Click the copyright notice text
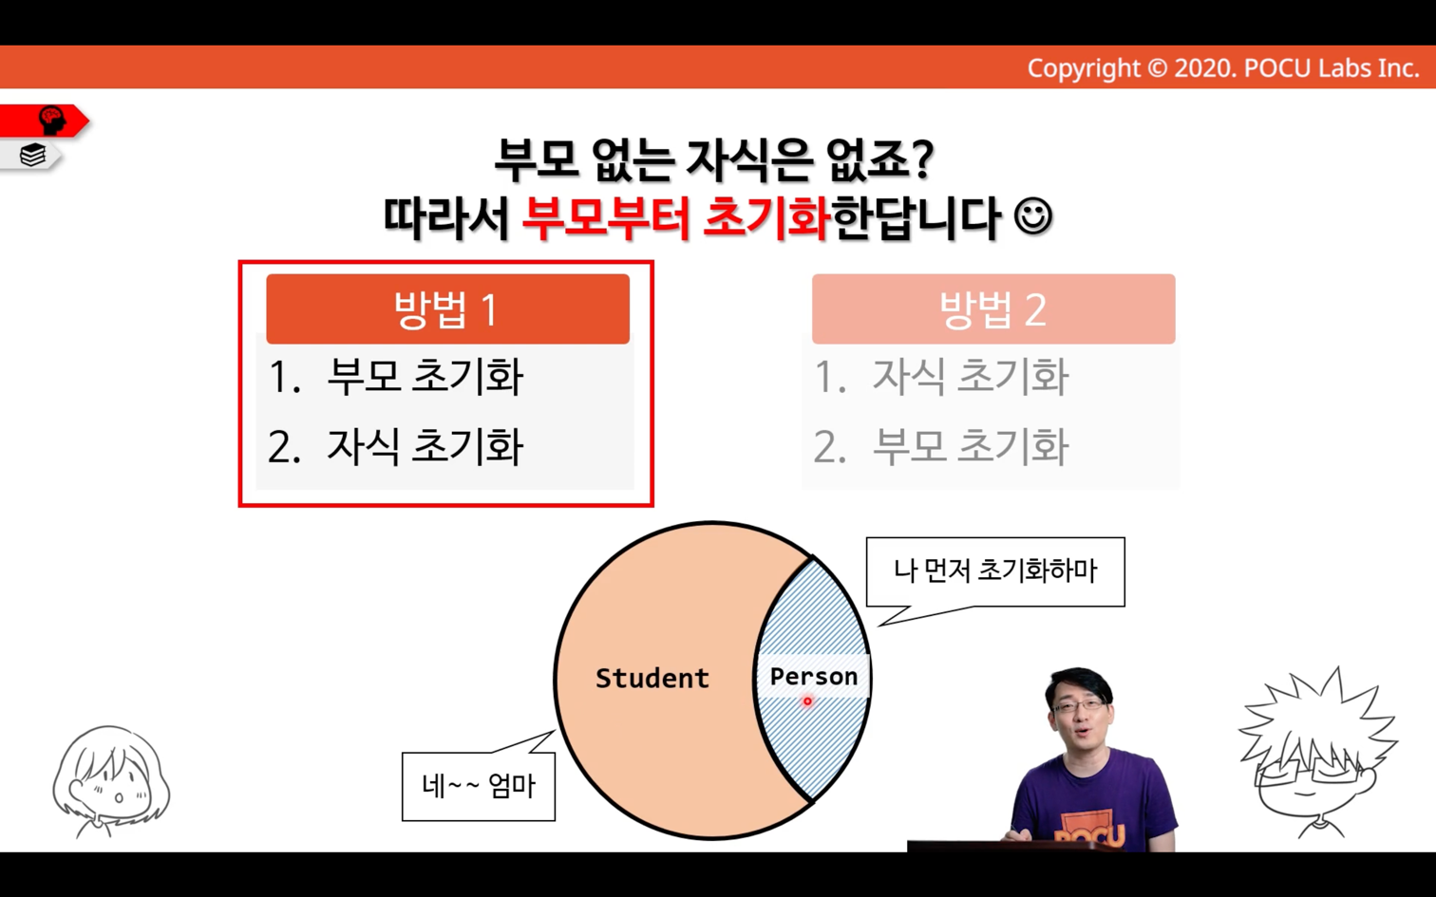(x=1223, y=68)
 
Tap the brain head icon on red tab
(x=52, y=121)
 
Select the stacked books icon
(x=32, y=155)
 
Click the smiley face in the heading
(x=1032, y=216)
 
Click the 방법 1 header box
(x=447, y=308)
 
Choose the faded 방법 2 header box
(x=993, y=308)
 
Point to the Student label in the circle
(x=652, y=678)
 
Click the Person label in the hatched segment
(x=814, y=677)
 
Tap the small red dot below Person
(x=807, y=701)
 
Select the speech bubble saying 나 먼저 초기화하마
(x=995, y=572)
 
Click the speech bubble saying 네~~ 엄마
(x=479, y=786)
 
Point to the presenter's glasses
(x=1079, y=705)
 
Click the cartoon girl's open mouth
(x=119, y=798)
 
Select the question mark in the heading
(x=922, y=160)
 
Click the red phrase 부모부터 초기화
(x=675, y=218)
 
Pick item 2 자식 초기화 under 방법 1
(x=395, y=446)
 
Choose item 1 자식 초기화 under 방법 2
(x=941, y=376)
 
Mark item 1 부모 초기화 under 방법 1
(x=395, y=376)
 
